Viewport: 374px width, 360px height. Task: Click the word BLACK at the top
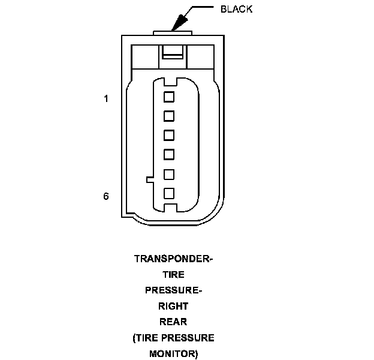tap(237, 9)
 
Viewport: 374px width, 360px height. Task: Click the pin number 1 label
tap(106, 98)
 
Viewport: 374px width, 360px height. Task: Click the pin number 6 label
tap(106, 196)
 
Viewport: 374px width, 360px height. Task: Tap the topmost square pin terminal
tap(168, 96)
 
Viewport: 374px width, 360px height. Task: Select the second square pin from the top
tap(168, 115)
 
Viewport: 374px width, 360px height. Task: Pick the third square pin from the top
tap(168, 134)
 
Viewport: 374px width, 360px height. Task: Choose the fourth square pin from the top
tap(168, 154)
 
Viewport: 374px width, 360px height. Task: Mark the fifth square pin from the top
tap(168, 174)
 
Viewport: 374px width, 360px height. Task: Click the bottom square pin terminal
tap(168, 193)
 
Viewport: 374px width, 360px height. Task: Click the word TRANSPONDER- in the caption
tap(173, 259)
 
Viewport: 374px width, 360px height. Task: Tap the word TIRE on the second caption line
tap(173, 275)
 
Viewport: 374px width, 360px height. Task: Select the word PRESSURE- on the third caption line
tap(173, 290)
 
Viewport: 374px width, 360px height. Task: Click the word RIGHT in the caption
tap(173, 306)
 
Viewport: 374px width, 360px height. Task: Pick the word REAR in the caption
tap(173, 322)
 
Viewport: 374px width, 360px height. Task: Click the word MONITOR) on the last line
tap(173, 353)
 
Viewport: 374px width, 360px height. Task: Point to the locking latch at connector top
tap(173, 54)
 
